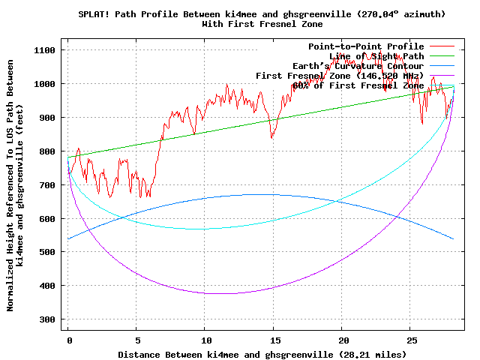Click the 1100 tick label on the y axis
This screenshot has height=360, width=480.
[46, 50]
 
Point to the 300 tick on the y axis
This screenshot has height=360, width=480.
[49, 319]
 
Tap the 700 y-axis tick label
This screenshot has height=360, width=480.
[49, 184]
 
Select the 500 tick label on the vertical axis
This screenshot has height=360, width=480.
[49, 252]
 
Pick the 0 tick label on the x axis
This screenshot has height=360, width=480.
[68, 340]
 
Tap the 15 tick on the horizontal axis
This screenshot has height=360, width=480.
[274, 340]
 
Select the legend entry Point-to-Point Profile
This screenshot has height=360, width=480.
[366, 46]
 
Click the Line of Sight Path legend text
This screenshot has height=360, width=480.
[376, 56]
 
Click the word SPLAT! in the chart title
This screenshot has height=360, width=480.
[95, 14]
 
